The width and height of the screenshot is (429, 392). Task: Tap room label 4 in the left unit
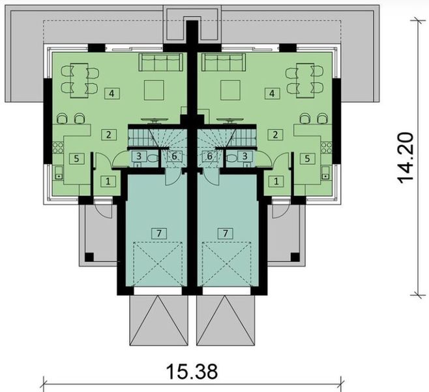112,93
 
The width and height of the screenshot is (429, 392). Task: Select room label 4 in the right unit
270,93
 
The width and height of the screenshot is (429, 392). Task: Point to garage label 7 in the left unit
156,232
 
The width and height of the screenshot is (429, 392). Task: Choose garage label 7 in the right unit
226,232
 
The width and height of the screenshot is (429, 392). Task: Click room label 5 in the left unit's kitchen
76,157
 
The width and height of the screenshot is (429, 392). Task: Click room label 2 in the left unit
107,135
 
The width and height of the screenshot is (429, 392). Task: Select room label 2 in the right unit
276,135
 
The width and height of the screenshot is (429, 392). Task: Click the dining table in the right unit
304,78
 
